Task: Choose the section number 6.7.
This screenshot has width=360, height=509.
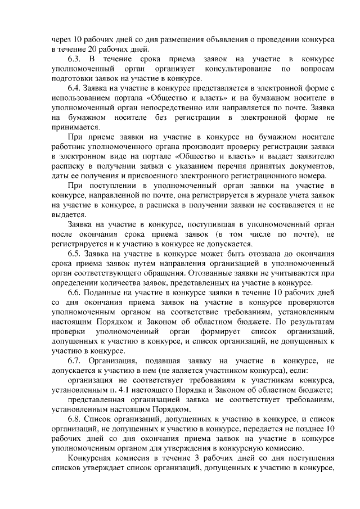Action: pyautogui.click(x=75, y=361)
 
